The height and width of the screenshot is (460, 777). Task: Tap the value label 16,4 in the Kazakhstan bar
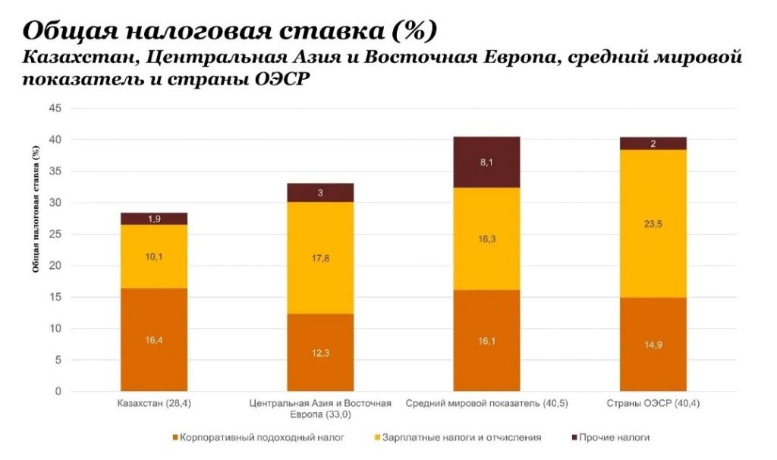(x=154, y=340)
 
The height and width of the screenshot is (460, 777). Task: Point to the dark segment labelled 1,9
(x=154, y=219)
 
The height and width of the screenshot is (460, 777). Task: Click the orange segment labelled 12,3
(x=320, y=353)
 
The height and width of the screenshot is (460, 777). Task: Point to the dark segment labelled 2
(x=653, y=143)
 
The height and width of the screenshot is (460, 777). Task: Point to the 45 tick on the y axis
(x=55, y=109)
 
